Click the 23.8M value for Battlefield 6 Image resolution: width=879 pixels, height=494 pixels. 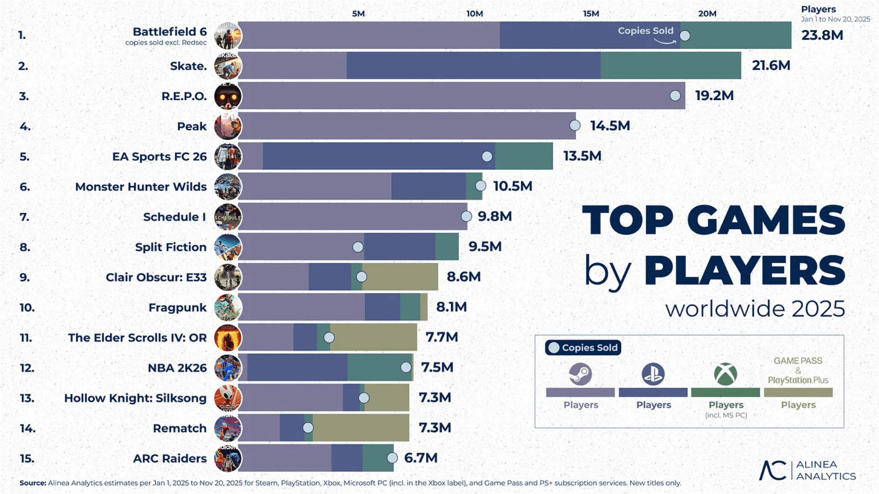pos(822,35)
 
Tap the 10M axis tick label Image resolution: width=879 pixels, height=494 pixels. pos(474,14)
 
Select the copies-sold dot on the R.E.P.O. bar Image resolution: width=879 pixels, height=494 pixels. pos(675,96)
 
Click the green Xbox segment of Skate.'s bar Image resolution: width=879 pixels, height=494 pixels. pos(670,65)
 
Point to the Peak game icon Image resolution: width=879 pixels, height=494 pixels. pos(228,126)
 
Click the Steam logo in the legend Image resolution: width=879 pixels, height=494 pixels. pos(580,374)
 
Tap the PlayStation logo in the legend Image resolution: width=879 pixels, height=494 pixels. pos(653,374)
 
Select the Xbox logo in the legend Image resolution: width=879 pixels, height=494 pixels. pos(725,374)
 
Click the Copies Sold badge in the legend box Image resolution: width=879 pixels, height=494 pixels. pos(583,348)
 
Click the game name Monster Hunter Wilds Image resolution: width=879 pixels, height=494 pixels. pos(141,187)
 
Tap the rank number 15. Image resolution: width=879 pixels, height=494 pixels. pos(27,458)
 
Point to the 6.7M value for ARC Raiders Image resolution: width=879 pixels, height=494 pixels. pos(421,458)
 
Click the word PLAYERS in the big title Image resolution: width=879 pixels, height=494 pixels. pos(744,271)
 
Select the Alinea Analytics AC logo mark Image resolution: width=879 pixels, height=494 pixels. pos(772,470)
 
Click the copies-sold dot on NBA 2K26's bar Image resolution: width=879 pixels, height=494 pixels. pos(406,367)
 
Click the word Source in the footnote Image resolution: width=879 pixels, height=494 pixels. pos(33,483)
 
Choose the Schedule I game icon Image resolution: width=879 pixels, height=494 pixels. pos(228,217)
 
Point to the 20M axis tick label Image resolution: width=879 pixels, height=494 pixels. pos(707,14)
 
